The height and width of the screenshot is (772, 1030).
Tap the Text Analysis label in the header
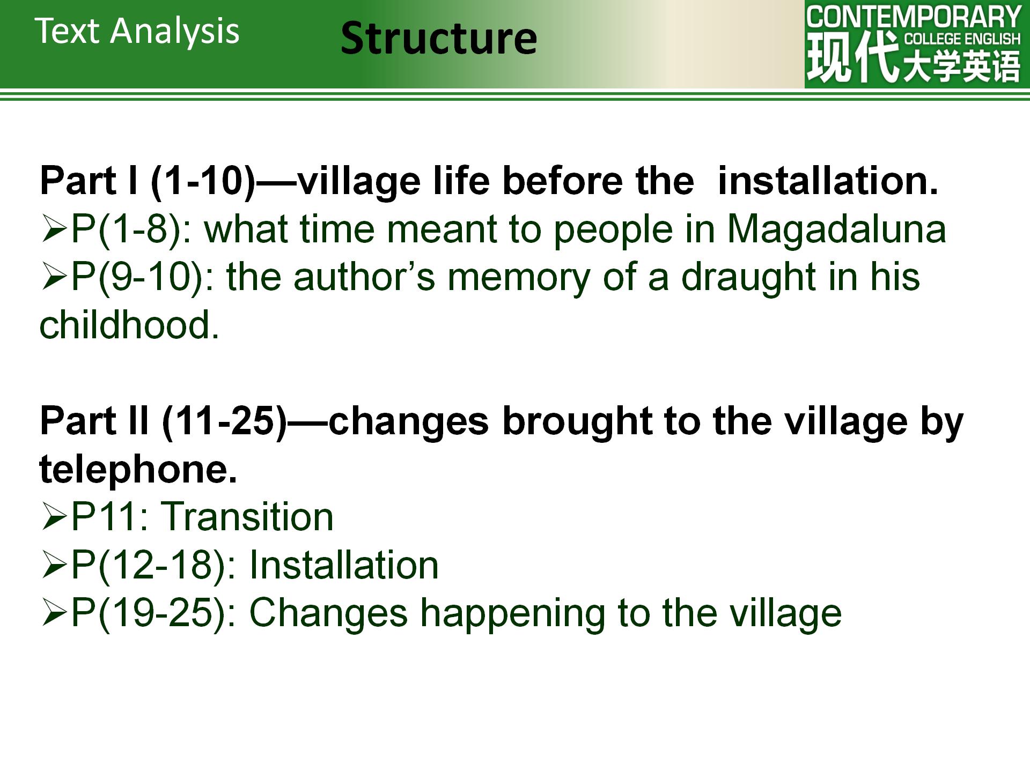(x=137, y=31)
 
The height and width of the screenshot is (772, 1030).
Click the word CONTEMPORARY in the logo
(x=914, y=17)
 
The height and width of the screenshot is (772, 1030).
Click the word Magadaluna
(x=836, y=229)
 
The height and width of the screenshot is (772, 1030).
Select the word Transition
(x=247, y=516)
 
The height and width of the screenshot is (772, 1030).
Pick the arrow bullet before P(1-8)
(x=54, y=230)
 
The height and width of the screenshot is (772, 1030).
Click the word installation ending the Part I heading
(x=828, y=181)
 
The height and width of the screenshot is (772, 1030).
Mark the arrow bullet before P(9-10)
(x=54, y=278)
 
